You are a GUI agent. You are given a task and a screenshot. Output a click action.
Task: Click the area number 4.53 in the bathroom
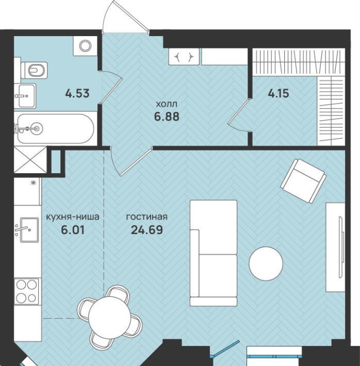[77, 93]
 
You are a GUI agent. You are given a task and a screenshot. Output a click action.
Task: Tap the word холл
[167, 104]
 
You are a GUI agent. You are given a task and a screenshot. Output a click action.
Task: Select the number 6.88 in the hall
[167, 116]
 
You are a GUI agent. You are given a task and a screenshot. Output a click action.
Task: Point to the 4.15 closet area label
[279, 93]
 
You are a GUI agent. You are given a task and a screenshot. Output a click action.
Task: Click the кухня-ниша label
[73, 217]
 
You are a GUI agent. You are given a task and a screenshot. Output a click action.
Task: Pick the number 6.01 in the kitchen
[73, 230]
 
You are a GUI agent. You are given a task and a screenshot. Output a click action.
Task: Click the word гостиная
[146, 217]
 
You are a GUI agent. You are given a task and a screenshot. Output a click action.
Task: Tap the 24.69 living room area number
[146, 230]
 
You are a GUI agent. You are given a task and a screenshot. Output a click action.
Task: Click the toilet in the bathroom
[34, 70]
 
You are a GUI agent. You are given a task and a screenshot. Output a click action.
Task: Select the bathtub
[56, 128]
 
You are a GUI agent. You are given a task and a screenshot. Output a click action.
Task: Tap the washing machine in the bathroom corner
[85, 46]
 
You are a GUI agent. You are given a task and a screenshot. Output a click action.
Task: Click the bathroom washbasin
[25, 96]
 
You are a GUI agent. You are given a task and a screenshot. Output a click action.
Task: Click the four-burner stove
[26, 291]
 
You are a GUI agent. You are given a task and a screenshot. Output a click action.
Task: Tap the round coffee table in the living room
[266, 263]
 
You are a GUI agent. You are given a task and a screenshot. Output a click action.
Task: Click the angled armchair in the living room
[303, 181]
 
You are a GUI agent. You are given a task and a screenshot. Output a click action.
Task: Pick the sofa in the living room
[214, 253]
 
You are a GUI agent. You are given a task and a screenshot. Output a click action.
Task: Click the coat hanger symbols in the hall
[185, 57]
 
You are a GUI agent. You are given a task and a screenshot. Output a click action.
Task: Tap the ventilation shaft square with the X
[30, 160]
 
